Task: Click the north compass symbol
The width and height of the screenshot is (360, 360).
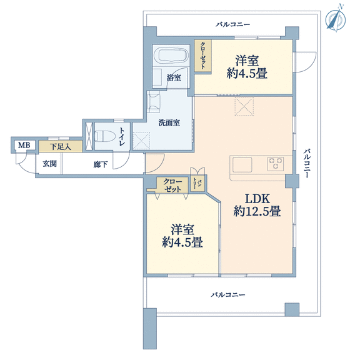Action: (x=336, y=20)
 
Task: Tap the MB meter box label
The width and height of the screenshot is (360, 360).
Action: (x=24, y=145)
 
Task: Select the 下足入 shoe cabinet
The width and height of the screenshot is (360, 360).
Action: (x=61, y=146)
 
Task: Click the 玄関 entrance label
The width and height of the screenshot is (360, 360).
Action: (x=49, y=164)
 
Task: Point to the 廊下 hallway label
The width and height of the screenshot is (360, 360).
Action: (x=101, y=164)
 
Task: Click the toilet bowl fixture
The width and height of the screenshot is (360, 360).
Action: (x=105, y=136)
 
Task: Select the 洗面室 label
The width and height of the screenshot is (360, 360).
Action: (x=169, y=123)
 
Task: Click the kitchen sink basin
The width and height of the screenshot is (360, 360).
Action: (x=242, y=164)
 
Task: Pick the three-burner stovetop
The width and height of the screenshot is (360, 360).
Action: (x=276, y=164)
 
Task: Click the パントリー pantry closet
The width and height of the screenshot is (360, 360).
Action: (x=197, y=183)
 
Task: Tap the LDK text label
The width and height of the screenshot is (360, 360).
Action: (x=257, y=199)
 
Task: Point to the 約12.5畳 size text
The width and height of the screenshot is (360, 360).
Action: (x=257, y=211)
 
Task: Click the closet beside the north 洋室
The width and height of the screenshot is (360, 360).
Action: (x=202, y=56)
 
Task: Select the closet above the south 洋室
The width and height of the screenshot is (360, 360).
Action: (x=172, y=185)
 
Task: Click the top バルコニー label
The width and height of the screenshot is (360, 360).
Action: (x=232, y=24)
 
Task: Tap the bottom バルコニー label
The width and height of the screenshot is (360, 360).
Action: (x=227, y=294)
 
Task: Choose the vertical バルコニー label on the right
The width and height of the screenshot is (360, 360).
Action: (x=307, y=164)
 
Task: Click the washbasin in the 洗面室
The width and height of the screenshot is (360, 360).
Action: (x=153, y=102)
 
